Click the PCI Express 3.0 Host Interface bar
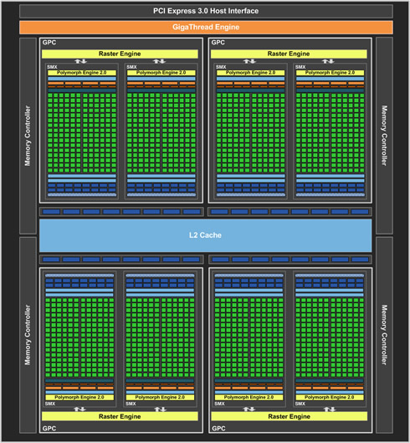tap(206, 11)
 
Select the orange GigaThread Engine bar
tap(206, 27)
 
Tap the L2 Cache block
tap(205, 235)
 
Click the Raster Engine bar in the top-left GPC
tap(120, 54)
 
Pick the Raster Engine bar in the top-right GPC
tap(289, 54)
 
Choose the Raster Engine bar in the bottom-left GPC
tap(120, 416)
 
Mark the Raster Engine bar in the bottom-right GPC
tap(290, 416)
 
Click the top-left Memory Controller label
tap(28, 136)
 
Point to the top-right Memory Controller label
tap(384, 136)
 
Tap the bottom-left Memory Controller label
tap(28, 335)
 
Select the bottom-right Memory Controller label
tap(384, 335)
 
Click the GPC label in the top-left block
tap(49, 43)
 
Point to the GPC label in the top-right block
tap(218, 43)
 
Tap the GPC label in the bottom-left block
tap(49, 428)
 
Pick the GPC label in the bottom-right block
tap(218, 428)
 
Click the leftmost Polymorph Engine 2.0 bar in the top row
tap(82, 73)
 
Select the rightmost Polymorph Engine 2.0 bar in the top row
tap(330, 73)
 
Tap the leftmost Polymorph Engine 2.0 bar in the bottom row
tap(79, 397)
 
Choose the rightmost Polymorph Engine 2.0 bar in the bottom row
tap(330, 397)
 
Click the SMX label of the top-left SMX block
tap(52, 67)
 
